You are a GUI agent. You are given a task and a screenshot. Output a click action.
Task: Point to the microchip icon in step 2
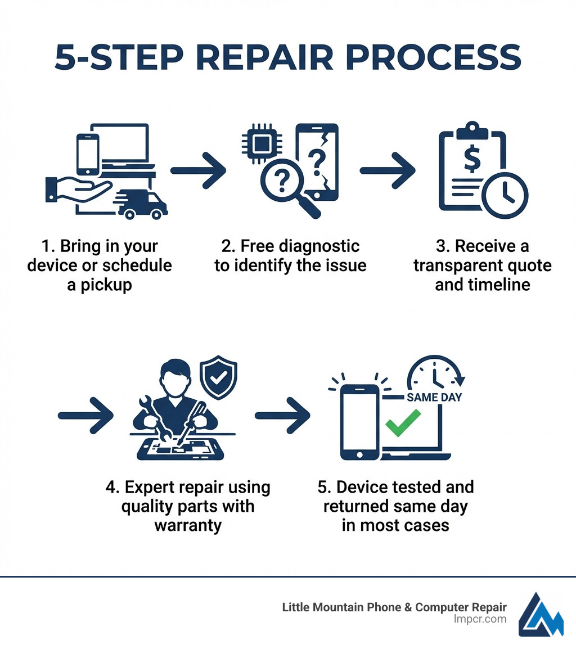coord(259,143)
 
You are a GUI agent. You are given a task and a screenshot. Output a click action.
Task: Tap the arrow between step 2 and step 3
coord(388,170)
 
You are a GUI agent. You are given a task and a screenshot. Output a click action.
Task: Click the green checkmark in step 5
coord(402,423)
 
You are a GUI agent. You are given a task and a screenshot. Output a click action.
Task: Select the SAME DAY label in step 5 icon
coord(434,398)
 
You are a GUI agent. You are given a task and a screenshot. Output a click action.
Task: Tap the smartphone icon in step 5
coord(360,422)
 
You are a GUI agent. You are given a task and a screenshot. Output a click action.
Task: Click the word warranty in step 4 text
coord(187,525)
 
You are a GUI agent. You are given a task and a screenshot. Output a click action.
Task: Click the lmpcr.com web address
coord(480,619)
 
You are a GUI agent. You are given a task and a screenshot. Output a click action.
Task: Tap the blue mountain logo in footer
coord(540,614)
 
